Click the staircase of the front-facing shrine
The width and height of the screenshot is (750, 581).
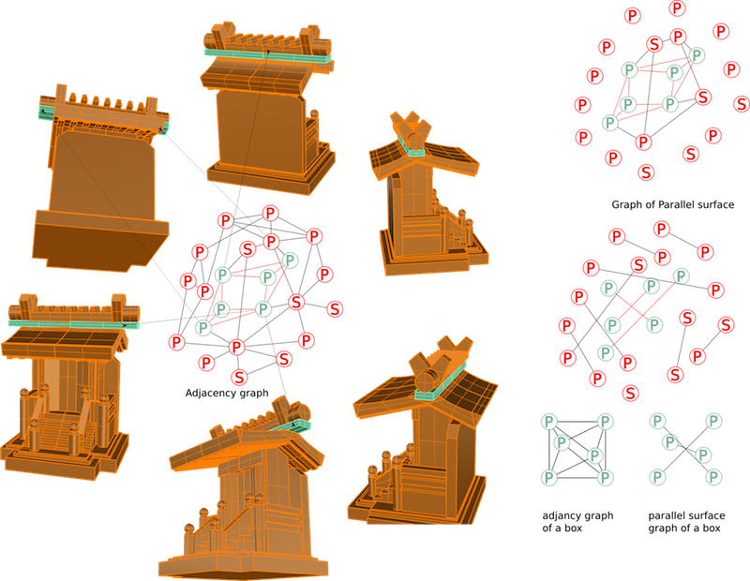pos(59,434)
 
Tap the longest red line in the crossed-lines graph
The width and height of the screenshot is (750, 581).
pos(647,309)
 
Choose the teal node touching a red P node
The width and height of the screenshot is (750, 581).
pos(606,353)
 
